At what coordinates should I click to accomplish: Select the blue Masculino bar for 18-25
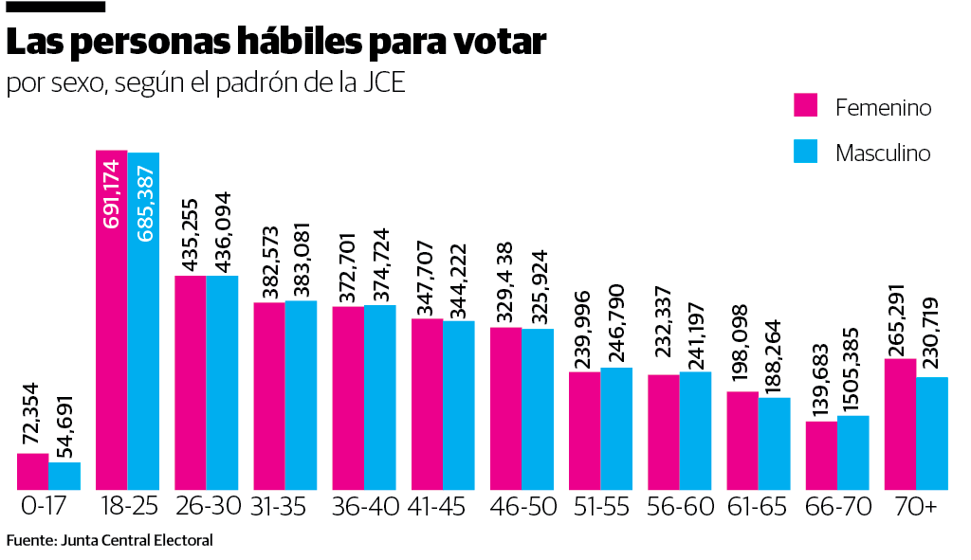[x=143, y=321]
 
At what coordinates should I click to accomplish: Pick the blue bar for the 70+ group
[x=932, y=433]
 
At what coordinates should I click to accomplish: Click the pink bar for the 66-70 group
[x=821, y=455]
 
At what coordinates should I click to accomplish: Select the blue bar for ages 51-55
[x=616, y=428]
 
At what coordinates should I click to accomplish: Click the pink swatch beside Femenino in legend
[x=805, y=105]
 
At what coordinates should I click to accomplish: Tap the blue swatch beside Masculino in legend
[x=805, y=152]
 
